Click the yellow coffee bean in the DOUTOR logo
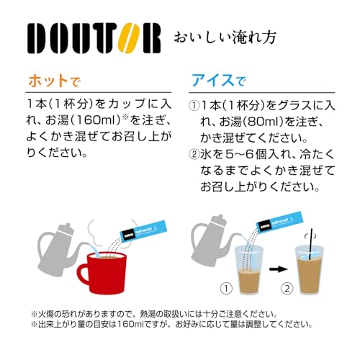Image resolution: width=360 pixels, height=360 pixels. click(129, 38)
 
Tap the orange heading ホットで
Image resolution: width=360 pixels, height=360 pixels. click(54, 81)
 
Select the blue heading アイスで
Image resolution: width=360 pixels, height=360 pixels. click(219, 80)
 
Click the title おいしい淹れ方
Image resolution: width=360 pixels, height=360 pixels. click(225, 37)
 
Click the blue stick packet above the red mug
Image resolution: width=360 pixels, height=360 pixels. click(143, 232)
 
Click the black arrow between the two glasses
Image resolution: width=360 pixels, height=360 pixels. click(278, 269)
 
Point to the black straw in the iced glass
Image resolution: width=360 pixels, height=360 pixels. click(311, 244)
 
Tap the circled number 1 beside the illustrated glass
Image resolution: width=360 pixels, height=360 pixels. click(226, 288)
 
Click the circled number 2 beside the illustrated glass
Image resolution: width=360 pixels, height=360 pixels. click(287, 288)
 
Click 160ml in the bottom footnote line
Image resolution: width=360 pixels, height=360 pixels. click(130, 325)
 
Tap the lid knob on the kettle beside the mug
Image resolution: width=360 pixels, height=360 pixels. click(68, 226)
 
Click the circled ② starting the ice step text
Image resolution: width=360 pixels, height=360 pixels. click(194, 154)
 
